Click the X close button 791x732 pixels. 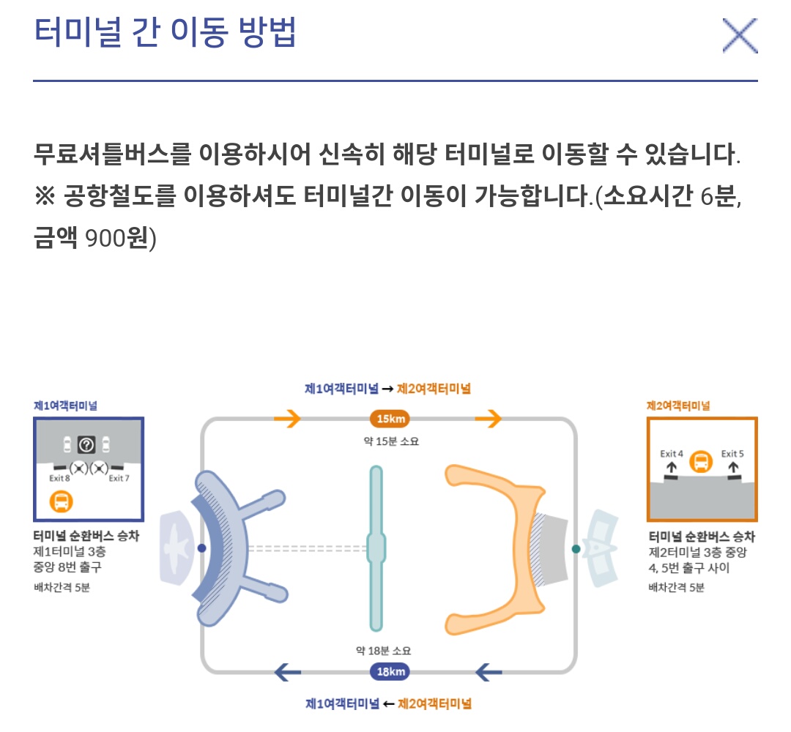pos(739,36)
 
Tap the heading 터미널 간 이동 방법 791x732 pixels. pos(165,32)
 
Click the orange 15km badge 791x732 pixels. pos(389,419)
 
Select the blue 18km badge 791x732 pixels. pos(389,672)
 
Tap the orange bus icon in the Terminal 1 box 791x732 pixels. pos(62,502)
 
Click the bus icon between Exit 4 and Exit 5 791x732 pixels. pos(701,461)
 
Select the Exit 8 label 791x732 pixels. pos(60,479)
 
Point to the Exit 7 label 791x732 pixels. pos(119,479)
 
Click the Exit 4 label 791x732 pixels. pos(672,454)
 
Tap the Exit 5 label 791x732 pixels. pos(732,454)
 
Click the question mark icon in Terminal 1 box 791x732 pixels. pos(87,444)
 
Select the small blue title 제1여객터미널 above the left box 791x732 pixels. pos(65,405)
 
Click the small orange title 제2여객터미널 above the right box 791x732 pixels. pos(678,405)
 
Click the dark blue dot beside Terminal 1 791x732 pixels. pos(202,548)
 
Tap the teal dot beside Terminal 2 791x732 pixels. pos(576,548)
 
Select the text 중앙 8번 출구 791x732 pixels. pos(67,567)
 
